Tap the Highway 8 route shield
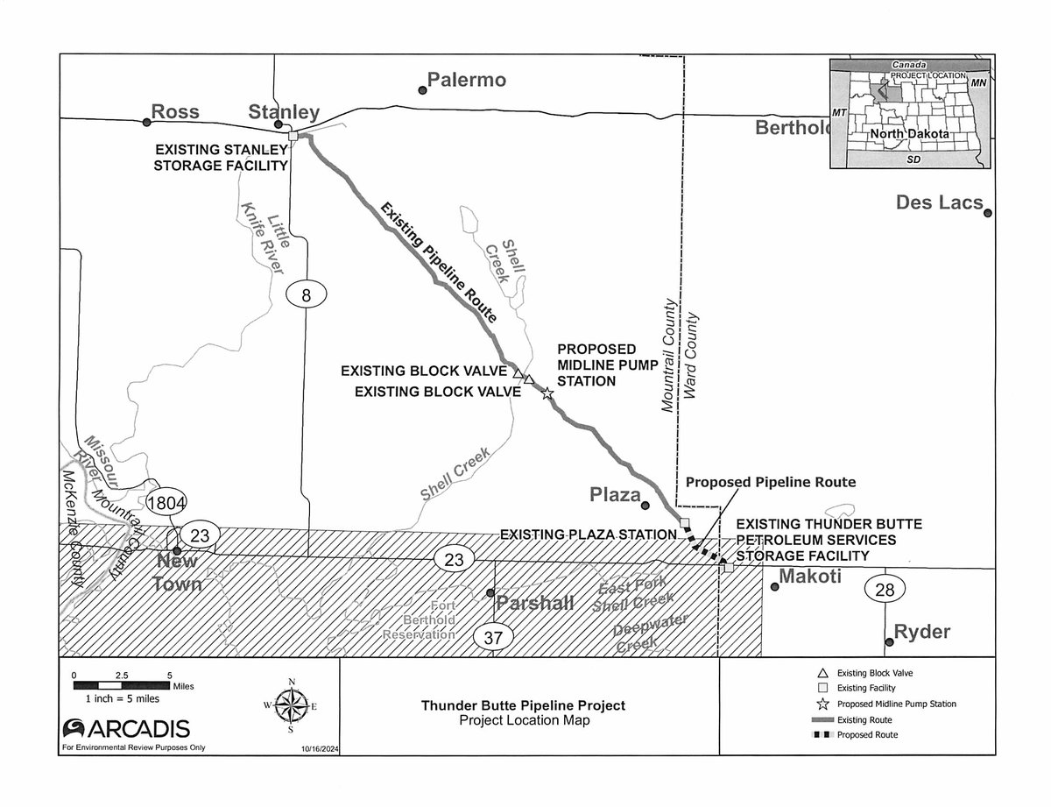(306, 295)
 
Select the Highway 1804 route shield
(166, 504)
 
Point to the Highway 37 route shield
(492, 638)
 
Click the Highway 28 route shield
(885, 590)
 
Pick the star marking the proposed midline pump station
(547, 393)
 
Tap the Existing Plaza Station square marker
(685, 523)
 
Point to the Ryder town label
(923, 632)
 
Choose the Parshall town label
(535, 604)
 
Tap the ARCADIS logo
(126, 728)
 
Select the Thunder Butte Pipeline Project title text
(524, 705)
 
